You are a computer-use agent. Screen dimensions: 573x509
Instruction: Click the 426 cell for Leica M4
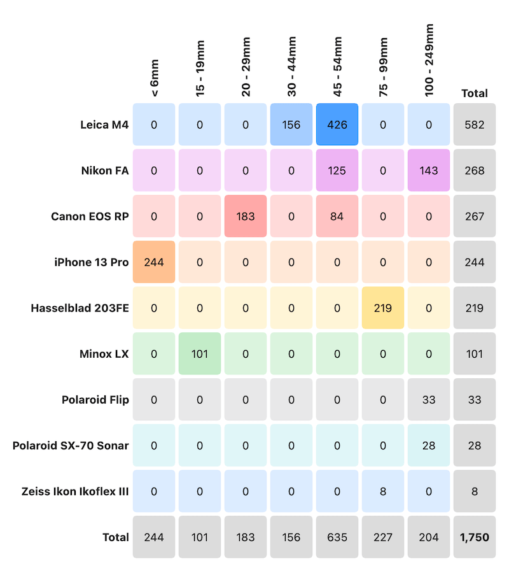(337, 125)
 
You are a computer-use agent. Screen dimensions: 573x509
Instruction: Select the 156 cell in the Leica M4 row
(291, 125)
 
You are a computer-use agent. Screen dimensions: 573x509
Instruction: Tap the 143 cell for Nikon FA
(429, 171)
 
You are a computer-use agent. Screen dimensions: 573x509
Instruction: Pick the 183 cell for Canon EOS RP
(246, 216)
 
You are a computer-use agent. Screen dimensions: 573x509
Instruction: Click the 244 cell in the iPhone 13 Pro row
(154, 262)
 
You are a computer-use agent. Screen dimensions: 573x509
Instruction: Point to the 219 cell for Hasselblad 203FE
(383, 308)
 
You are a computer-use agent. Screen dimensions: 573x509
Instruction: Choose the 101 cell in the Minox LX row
(200, 354)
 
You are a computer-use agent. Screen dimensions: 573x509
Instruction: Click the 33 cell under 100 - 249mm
(429, 400)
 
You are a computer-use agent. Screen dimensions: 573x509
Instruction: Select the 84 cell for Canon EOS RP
(337, 216)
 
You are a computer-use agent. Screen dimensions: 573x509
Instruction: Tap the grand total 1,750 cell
(475, 537)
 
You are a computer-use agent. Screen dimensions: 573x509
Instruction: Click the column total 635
(337, 537)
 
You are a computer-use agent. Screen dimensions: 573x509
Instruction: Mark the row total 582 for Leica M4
(475, 125)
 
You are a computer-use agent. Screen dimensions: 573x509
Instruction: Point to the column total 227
(383, 537)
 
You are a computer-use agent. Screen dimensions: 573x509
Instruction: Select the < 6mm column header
(155, 78)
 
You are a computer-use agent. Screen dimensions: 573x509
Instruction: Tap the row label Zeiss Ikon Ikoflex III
(66, 492)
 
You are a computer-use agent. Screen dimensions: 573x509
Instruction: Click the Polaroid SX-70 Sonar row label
(71, 446)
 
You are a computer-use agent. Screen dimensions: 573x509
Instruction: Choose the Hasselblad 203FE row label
(80, 308)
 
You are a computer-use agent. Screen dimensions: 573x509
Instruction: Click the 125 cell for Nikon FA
(337, 171)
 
